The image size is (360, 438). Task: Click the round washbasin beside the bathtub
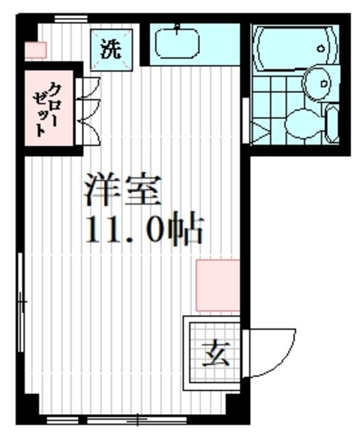click(317, 83)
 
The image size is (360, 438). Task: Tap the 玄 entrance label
click(213, 354)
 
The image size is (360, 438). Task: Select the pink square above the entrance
click(218, 285)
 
